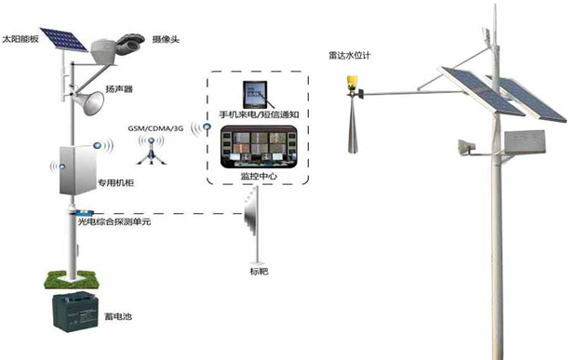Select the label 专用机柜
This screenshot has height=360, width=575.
(x=117, y=182)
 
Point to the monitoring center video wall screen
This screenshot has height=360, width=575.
(x=253, y=149)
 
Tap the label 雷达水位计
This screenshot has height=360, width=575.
(x=350, y=54)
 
